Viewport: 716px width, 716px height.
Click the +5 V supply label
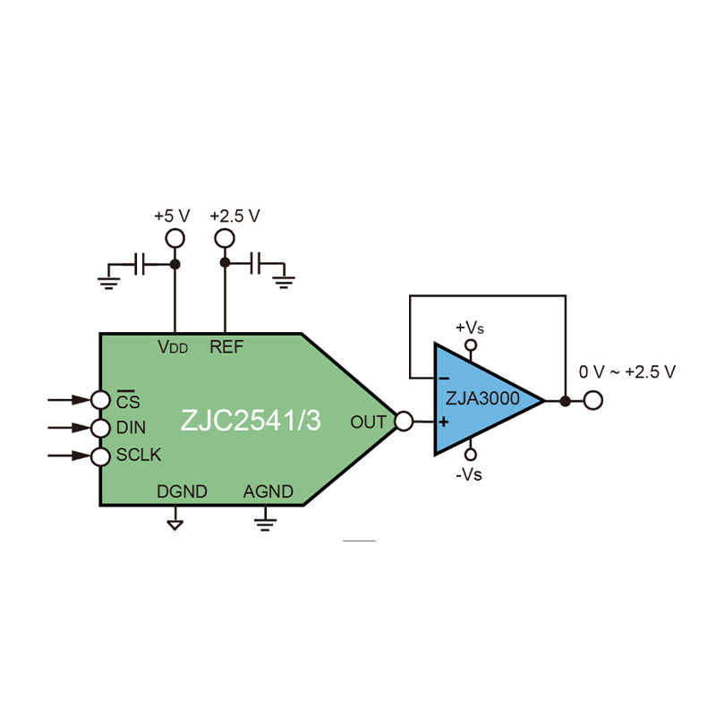point(172,216)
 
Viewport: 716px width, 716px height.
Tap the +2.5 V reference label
point(234,216)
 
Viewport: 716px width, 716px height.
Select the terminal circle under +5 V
point(175,238)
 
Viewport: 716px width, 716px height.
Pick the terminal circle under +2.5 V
point(225,238)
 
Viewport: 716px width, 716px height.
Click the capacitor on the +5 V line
point(140,264)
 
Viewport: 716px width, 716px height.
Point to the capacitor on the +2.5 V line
point(255,263)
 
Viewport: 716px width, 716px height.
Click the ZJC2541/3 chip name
point(251,420)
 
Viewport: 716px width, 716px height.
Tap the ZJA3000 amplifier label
point(482,398)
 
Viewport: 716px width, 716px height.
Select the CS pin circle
point(100,400)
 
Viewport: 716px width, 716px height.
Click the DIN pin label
point(131,428)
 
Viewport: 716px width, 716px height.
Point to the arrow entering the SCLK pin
point(70,456)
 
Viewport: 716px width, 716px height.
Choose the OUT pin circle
point(404,421)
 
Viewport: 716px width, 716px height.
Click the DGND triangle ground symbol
point(175,525)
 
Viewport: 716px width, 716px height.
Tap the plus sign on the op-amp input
point(443,422)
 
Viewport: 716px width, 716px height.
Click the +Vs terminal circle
point(471,345)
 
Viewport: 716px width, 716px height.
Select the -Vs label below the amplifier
point(468,475)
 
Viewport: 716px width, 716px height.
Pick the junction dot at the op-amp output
point(566,401)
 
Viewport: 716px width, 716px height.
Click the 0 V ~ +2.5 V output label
point(627,372)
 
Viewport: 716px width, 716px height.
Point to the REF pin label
point(226,347)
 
